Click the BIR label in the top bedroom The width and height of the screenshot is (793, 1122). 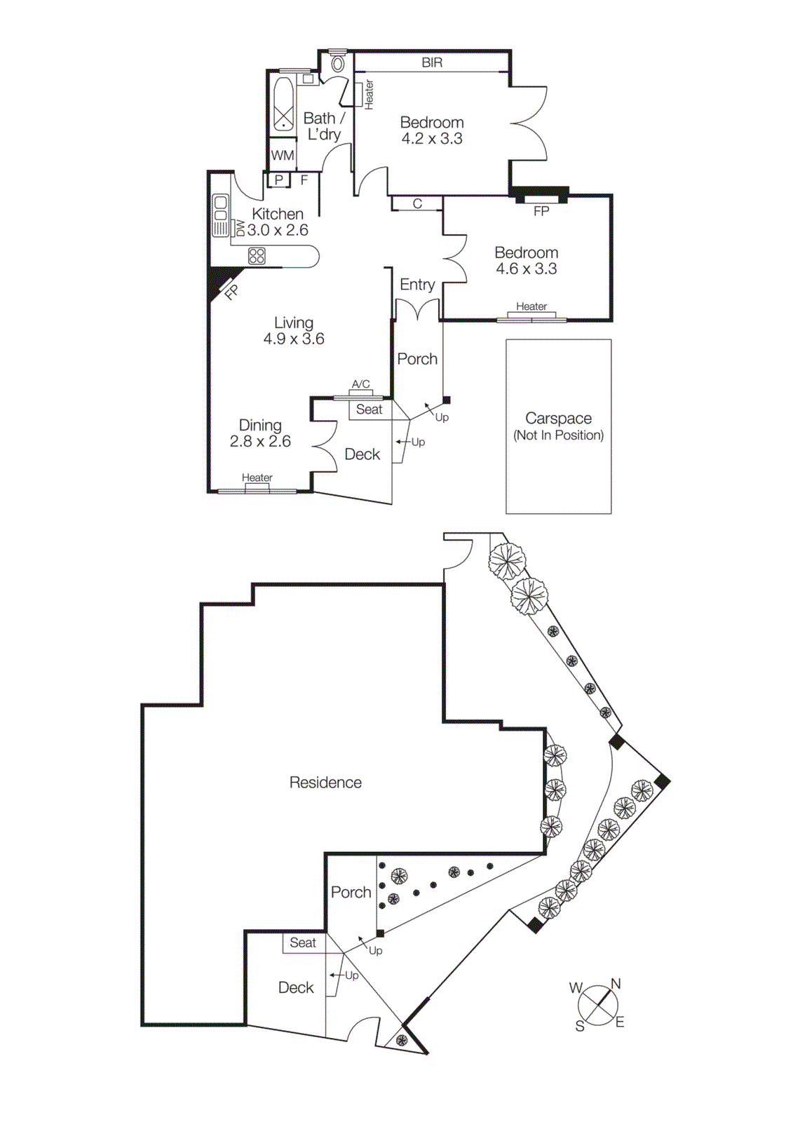coord(432,62)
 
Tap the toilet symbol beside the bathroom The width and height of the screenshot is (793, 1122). coord(338,64)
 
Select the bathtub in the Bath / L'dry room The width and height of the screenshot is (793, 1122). coord(283,104)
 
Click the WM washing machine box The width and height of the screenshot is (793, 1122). coord(283,156)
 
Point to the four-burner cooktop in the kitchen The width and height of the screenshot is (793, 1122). coord(257,256)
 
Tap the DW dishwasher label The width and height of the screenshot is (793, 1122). coord(240,228)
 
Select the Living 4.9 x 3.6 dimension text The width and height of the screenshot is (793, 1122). coord(294,339)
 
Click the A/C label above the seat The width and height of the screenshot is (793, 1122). coord(360,384)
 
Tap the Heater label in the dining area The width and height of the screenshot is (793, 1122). coord(257,478)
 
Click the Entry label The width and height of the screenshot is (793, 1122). coord(417,285)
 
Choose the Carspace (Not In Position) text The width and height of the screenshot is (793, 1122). coord(558,426)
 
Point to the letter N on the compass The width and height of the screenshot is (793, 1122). coord(616,984)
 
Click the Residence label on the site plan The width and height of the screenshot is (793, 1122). coord(325,783)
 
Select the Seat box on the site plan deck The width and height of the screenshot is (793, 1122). coord(303,943)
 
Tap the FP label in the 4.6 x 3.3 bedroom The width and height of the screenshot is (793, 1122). coord(541,211)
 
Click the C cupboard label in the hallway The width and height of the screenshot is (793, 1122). coord(417,204)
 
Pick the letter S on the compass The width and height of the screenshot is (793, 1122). coord(580,1027)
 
